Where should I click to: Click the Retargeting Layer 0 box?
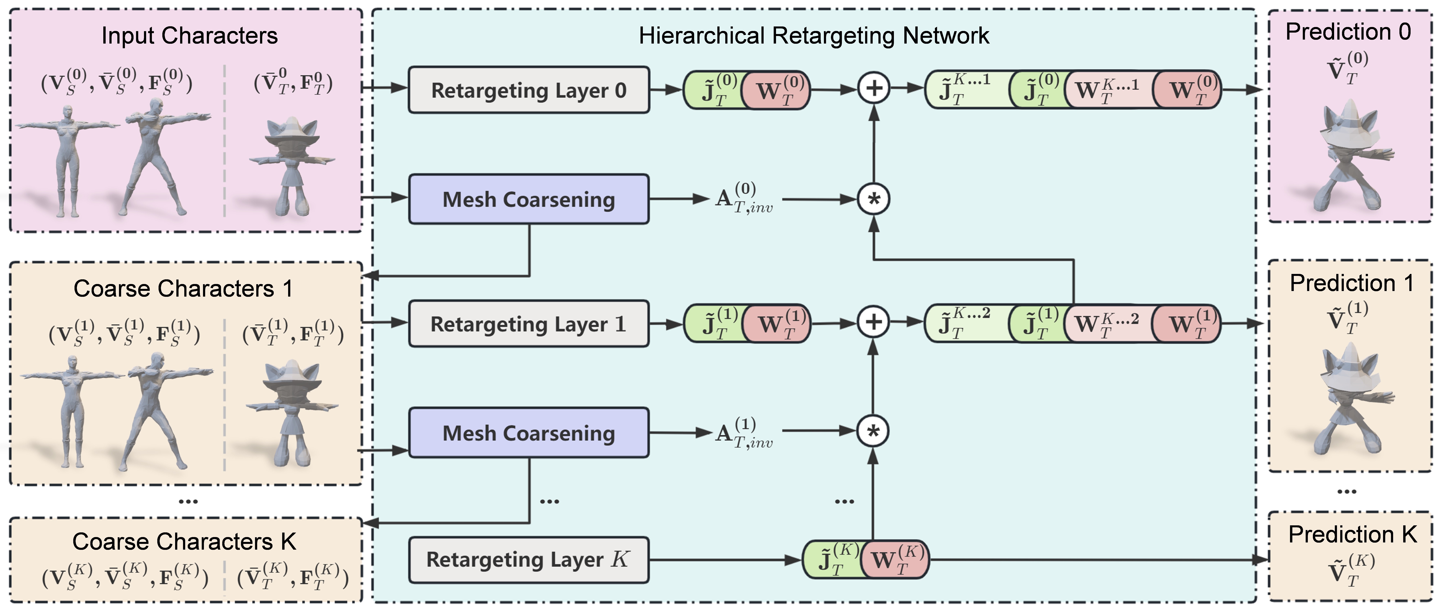(x=529, y=90)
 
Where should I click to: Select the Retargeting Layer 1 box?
(x=529, y=324)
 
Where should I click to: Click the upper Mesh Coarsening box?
(x=529, y=199)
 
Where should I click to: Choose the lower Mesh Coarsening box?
(x=529, y=433)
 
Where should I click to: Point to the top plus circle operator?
(x=874, y=88)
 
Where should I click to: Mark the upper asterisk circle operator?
(x=874, y=199)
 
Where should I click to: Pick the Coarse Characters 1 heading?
(x=183, y=289)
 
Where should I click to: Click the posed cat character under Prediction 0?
(x=1348, y=157)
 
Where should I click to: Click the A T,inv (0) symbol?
(x=744, y=199)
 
